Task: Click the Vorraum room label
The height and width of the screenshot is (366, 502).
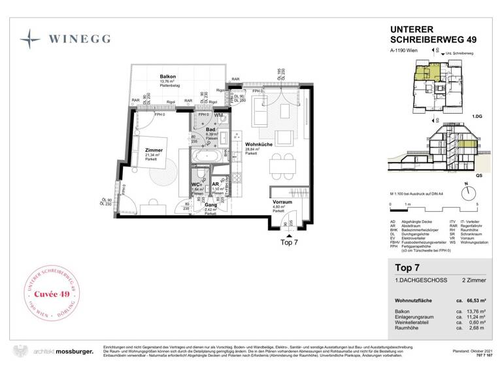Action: point(282,203)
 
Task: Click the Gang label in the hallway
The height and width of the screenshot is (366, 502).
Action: point(210,205)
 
